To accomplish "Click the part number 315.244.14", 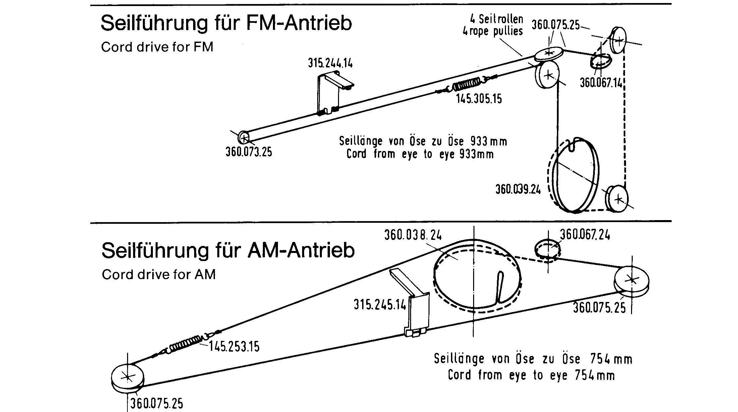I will (330, 63).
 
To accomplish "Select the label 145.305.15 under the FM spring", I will (479, 99).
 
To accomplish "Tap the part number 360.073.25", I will (249, 152).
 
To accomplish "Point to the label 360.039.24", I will (518, 190).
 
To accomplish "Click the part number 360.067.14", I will (601, 83).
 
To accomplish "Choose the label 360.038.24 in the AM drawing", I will (413, 235).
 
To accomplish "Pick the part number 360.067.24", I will (585, 235).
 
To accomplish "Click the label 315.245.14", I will (380, 305).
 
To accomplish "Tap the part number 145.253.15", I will (234, 347).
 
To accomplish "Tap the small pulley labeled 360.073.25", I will (244, 137).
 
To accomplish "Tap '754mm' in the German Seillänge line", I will (610, 359).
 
